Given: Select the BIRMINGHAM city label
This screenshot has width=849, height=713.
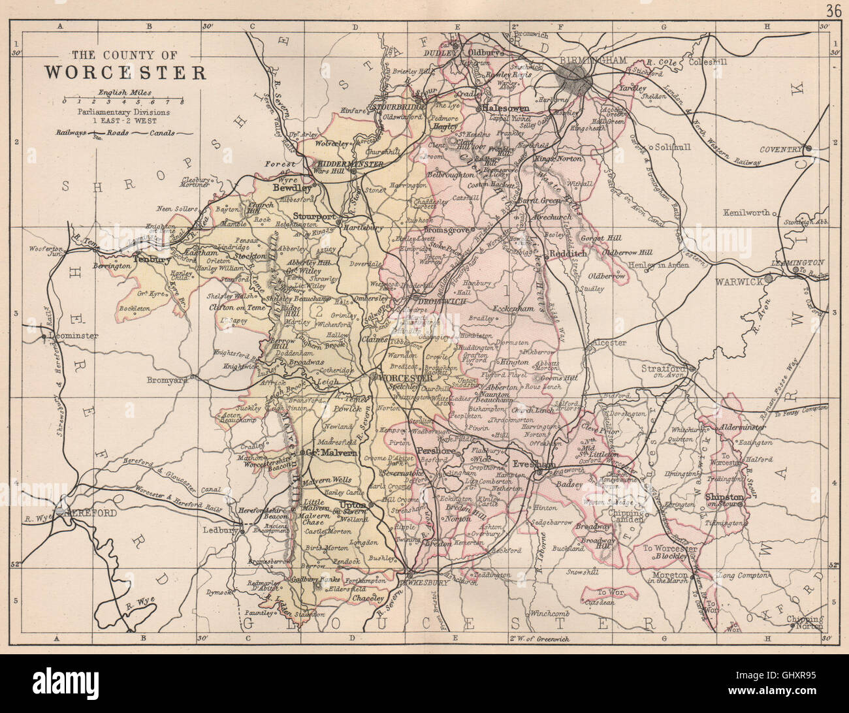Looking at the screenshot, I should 594,59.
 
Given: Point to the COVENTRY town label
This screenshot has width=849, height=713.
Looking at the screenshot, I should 780,149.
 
